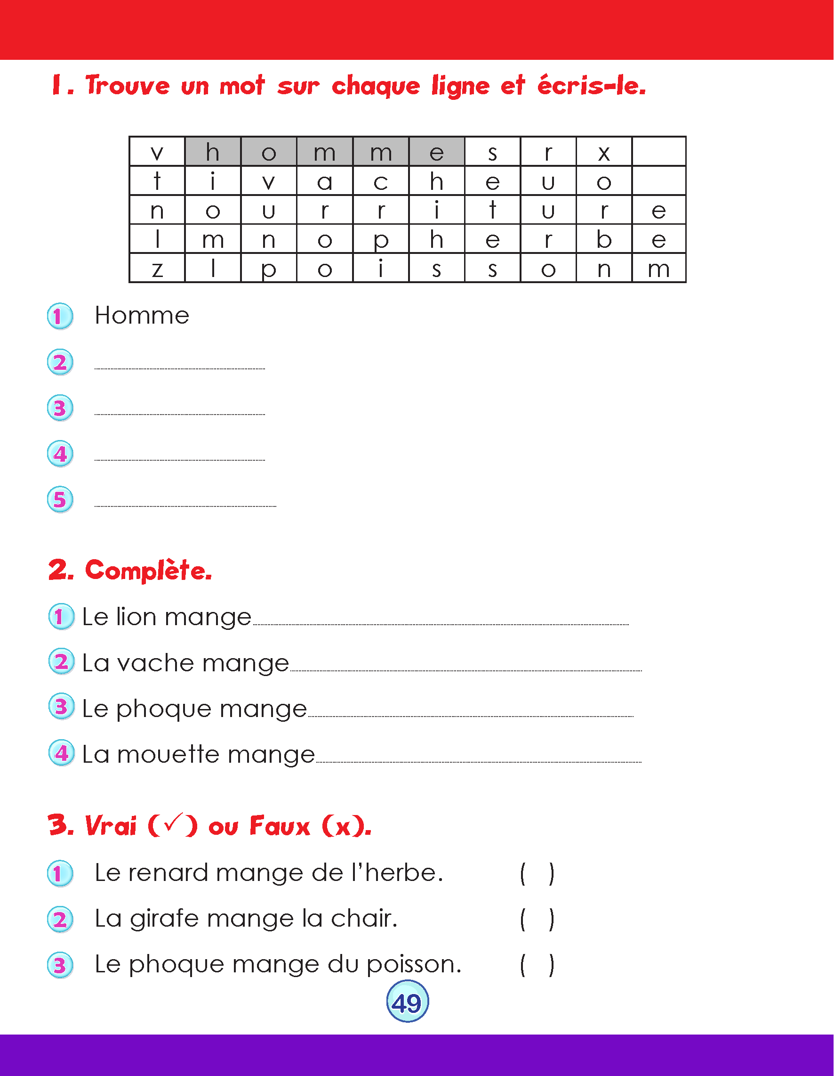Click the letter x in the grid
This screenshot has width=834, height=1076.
(604, 153)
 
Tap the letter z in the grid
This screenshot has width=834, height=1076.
(157, 269)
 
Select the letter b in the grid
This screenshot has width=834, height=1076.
(604, 239)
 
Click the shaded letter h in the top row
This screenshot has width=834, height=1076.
(213, 152)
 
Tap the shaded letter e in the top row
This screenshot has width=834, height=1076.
(436, 153)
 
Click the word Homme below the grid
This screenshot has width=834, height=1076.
(142, 315)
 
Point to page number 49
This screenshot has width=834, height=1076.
(407, 1003)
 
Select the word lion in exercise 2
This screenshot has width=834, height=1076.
(136, 617)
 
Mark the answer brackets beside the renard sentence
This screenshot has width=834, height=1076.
(537, 874)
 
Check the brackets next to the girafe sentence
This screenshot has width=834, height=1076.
(537, 919)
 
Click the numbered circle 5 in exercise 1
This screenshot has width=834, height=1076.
(60, 499)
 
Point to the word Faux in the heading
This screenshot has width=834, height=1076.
(280, 826)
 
